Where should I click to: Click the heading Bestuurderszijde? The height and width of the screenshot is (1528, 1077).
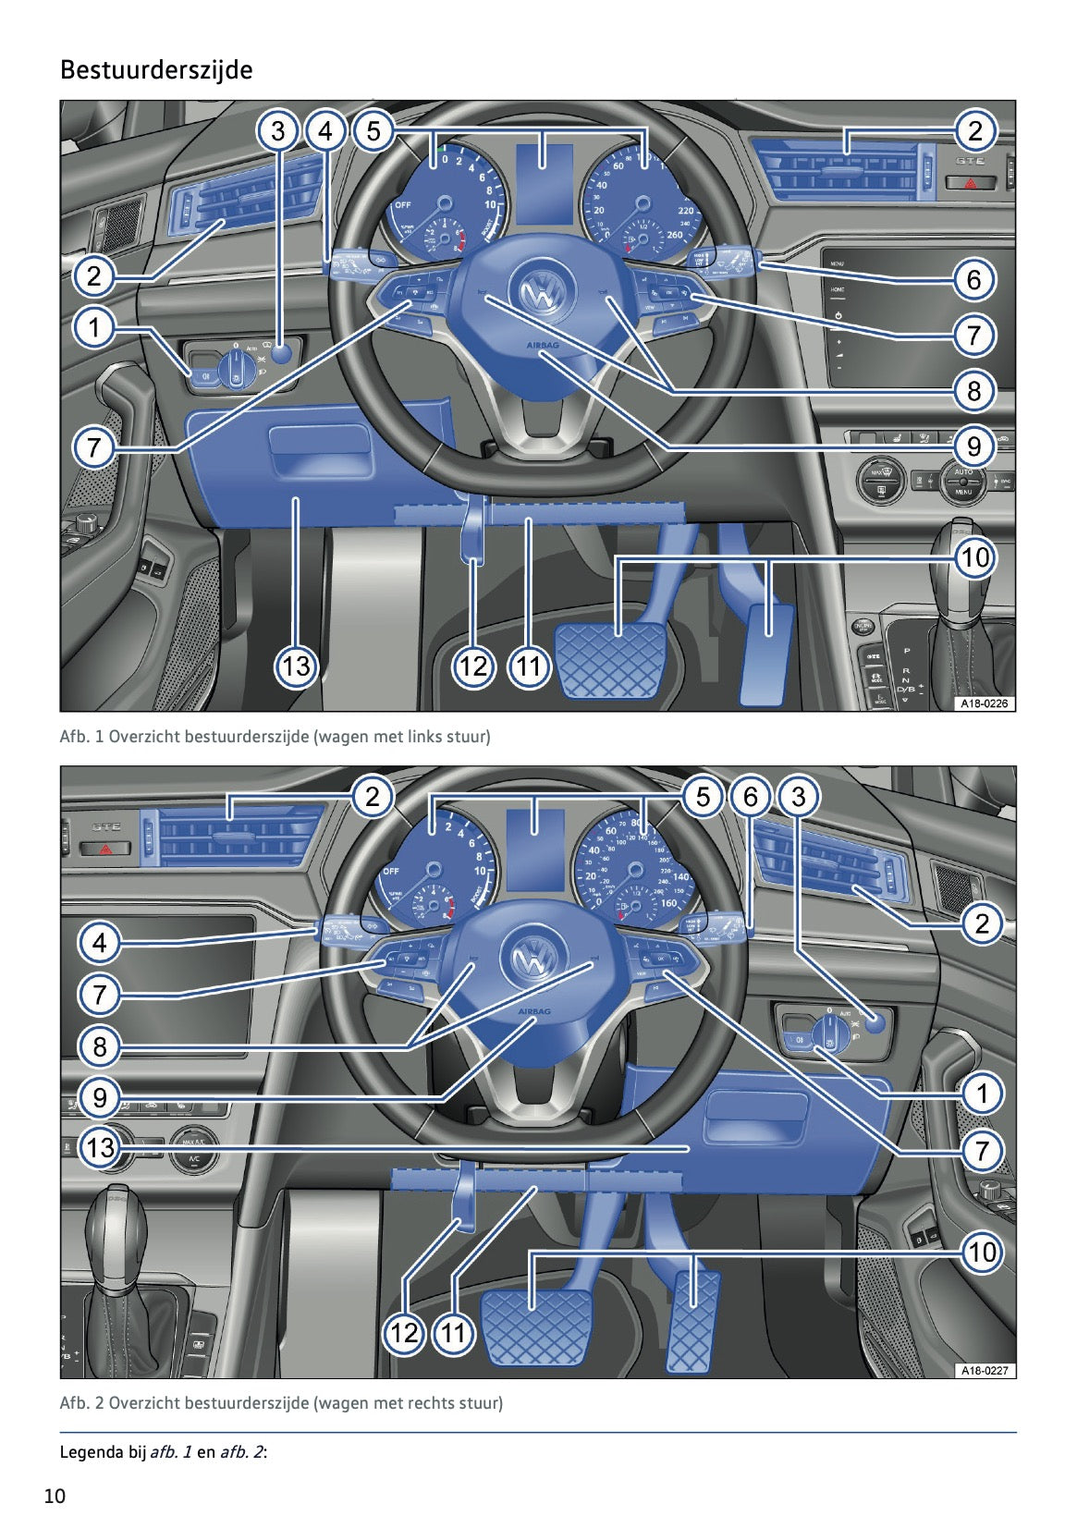click(155, 70)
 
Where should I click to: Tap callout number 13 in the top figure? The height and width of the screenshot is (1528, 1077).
click(296, 666)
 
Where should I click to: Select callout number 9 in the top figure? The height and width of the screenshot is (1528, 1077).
click(973, 446)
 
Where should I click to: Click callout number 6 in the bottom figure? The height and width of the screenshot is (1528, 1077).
click(750, 796)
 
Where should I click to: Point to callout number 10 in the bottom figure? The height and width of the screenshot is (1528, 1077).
click(981, 1252)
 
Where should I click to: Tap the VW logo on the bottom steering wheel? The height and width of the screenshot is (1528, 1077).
click(533, 960)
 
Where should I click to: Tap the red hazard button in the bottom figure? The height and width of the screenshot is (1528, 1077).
click(107, 848)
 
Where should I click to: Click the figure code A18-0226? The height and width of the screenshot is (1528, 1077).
click(984, 703)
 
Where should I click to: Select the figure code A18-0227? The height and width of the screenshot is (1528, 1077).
click(984, 1370)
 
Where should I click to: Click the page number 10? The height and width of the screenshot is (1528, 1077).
click(55, 1496)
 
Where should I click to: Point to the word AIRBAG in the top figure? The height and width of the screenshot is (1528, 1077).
click(543, 345)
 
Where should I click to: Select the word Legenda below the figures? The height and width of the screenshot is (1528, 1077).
click(91, 1451)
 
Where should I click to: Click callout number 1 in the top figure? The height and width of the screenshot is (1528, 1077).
click(93, 326)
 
